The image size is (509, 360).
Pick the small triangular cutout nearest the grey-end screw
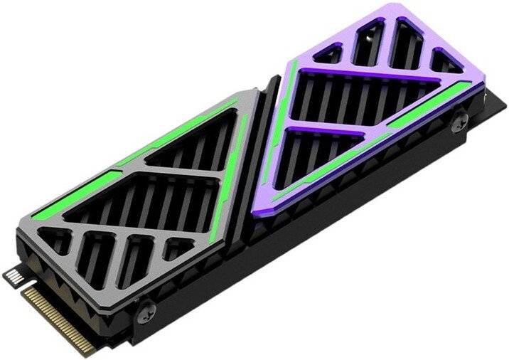pos(178,250)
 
